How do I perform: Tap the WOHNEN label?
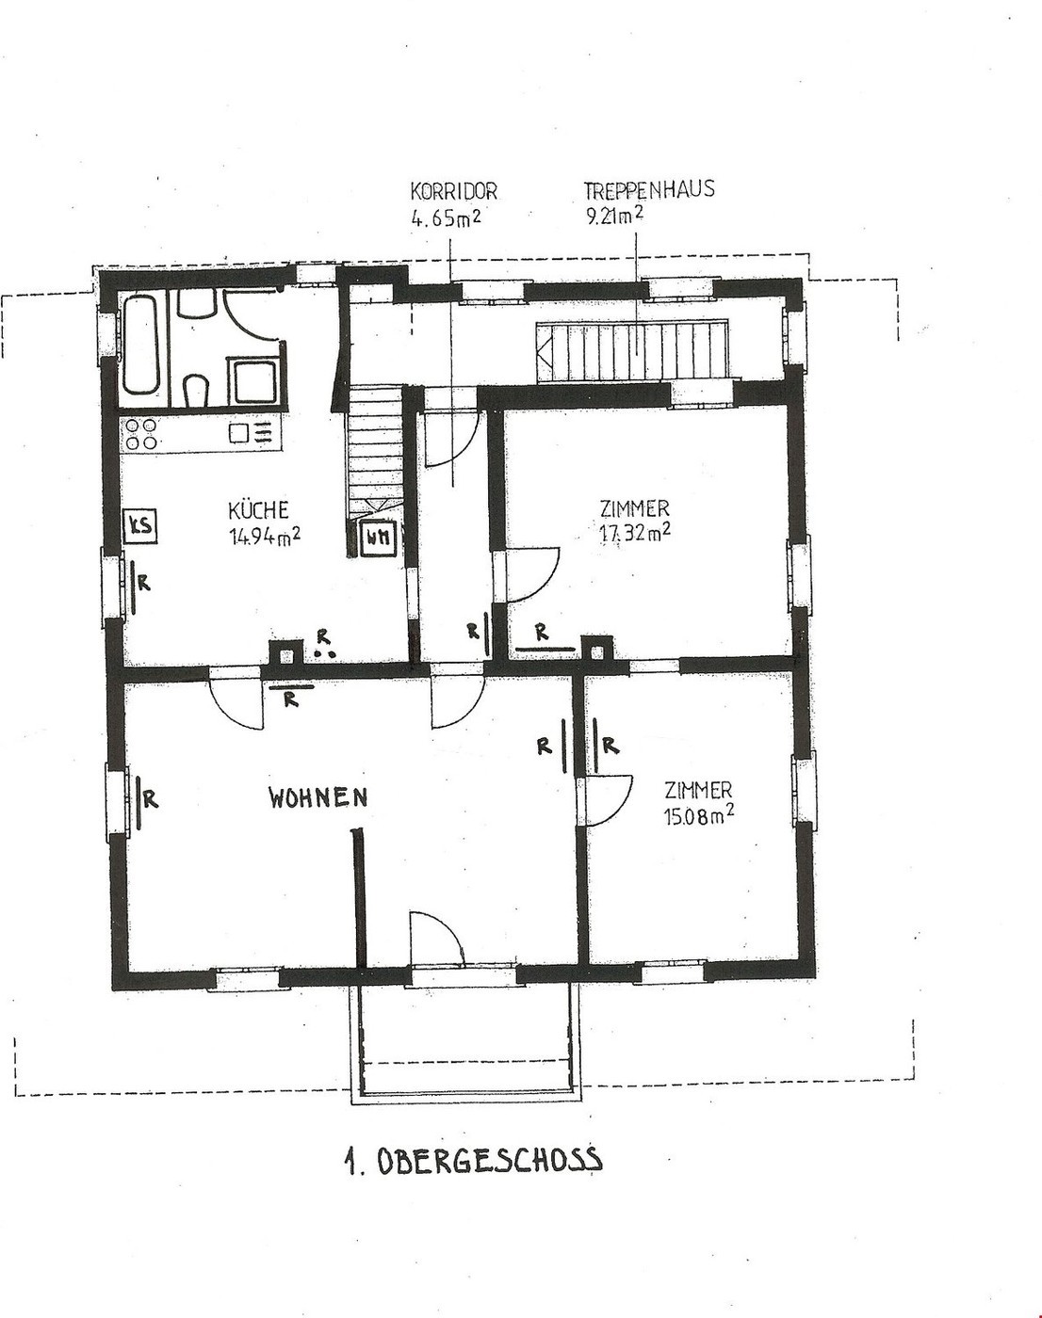click(x=318, y=797)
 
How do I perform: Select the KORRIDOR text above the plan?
click(x=453, y=192)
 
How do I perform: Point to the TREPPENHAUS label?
click(x=649, y=190)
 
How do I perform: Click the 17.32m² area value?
click(x=634, y=534)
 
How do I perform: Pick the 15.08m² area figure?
click(x=699, y=816)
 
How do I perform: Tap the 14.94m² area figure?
click(x=265, y=538)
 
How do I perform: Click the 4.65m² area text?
click(x=446, y=218)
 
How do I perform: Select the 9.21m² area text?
click(x=615, y=217)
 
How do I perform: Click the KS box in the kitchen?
click(x=141, y=525)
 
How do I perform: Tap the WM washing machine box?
click(x=378, y=538)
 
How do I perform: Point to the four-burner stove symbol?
click(x=141, y=434)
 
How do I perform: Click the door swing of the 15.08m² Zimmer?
click(x=607, y=801)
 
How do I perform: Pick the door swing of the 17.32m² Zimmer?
click(x=532, y=575)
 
